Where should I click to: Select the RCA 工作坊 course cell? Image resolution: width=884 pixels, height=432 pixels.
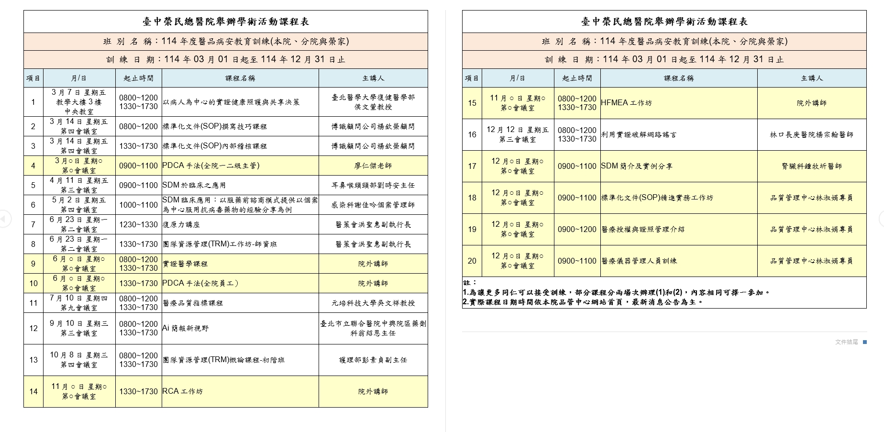182,391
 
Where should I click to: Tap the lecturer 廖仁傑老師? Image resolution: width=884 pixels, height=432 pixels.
373,166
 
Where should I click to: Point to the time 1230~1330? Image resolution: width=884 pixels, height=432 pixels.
138,224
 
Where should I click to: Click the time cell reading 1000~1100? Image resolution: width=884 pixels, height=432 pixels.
138,205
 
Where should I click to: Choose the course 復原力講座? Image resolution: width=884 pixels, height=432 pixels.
181,224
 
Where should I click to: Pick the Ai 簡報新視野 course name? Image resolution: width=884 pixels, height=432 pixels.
185,328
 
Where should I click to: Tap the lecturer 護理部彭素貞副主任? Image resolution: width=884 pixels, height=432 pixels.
373,360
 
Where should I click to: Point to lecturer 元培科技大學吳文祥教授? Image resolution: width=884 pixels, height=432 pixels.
373,303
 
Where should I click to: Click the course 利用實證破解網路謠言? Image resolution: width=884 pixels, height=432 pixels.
639,135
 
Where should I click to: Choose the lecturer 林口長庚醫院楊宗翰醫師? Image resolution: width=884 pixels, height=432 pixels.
811,135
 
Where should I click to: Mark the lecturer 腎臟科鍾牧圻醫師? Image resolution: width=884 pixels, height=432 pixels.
811,166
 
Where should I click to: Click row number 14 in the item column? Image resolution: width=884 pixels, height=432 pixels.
33,391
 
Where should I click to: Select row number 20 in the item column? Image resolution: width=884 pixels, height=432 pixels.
472,261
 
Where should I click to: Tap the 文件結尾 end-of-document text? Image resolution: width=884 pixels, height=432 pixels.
846,342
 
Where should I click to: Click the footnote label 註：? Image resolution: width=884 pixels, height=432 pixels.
469,283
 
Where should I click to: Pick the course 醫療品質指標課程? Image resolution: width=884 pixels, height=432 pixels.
193,303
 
